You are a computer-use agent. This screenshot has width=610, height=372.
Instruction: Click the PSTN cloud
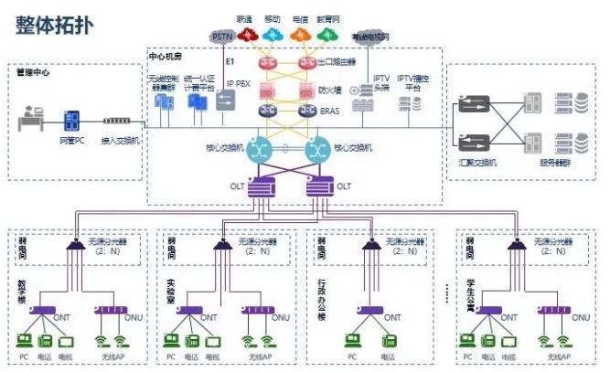coord(222,36)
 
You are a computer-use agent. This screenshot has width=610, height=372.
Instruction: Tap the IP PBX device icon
coord(225,104)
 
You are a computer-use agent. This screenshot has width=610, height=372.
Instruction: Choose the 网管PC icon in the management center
coord(72,122)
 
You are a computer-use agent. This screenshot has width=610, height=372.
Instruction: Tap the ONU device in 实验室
coord(261,310)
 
